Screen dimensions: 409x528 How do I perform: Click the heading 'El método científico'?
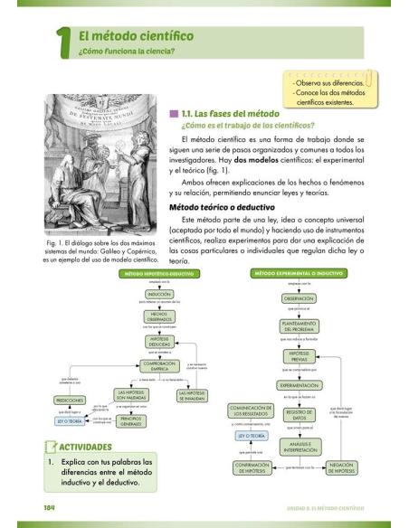pos(136,35)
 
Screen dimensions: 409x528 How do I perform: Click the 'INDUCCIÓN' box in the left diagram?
pos(159,294)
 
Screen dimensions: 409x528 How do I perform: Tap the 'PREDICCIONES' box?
pos(70,399)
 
